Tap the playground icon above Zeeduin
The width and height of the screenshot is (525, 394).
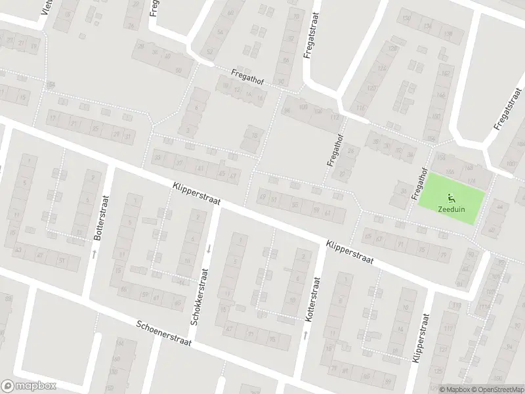point(450,198)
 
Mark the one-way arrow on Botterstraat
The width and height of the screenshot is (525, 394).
point(94,253)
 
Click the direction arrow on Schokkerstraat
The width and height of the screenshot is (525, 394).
point(209,248)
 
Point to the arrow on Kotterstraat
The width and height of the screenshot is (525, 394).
point(305,336)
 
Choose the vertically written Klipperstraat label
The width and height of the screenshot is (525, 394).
point(418,338)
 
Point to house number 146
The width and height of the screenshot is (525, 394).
point(440,96)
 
